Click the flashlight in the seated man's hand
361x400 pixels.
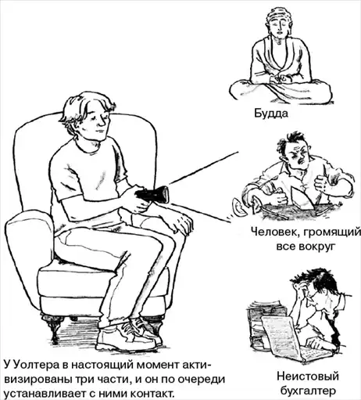click(152, 194)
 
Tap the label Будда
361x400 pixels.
click(271, 114)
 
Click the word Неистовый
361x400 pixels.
click(308, 377)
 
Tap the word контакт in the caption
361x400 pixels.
click(150, 393)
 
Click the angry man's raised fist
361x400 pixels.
click(321, 182)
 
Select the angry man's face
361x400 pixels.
click(298, 157)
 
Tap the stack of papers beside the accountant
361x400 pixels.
click(264, 324)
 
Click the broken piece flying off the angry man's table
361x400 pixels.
click(238, 207)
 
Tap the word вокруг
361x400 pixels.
click(319, 247)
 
